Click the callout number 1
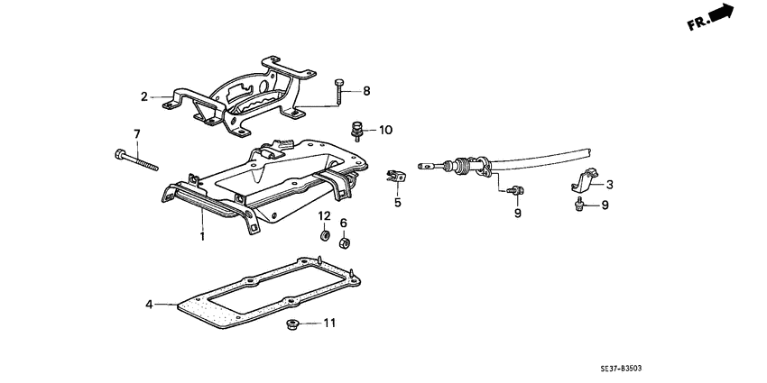tap(202, 236)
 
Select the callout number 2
tap(143, 96)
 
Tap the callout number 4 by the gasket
tap(151, 305)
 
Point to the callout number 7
tap(137, 134)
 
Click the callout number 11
tap(329, 323)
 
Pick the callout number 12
tap(324, 215)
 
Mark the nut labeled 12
tap(324, 236)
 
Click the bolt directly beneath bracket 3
tap(578, 206)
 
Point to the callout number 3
tap(609, 184)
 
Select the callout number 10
tap(386, 130)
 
